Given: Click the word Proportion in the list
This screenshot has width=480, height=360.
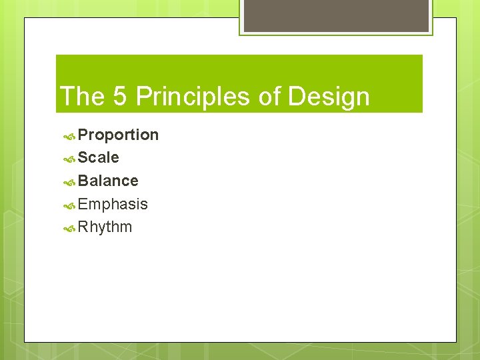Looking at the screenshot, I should pos(118,135).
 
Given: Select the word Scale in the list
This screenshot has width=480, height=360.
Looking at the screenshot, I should pos(99,158).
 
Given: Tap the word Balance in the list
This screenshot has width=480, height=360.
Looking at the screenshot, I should pos(108,181).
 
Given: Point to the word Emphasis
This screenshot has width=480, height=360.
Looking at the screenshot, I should pos(113,204).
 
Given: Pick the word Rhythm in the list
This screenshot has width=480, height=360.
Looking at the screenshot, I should pos(105,227).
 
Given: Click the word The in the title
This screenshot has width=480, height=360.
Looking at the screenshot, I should pos(82,97).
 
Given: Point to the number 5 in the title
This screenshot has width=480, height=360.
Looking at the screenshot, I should pos(120,97).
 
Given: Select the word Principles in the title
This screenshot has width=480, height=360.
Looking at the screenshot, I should pos(193,97).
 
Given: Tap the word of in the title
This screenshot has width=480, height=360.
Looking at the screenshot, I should pos(269,97).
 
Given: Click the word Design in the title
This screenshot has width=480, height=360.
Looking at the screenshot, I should pos(329,97).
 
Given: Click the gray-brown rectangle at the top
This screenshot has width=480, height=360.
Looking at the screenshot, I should pos(335,15).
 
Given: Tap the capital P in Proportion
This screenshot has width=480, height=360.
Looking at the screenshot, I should pos(83,135).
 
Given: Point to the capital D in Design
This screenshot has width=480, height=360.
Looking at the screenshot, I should pos(296,97).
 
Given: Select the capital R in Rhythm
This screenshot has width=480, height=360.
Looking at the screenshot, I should pos(83,227).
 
